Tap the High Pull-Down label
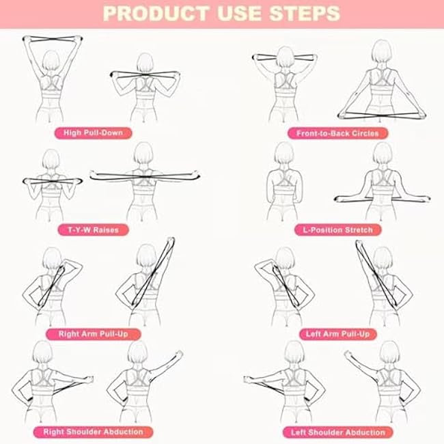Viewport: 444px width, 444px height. click(x=93, y=132)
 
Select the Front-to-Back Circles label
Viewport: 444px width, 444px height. click(x=337, y=133)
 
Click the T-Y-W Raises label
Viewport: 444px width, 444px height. click(x=94, y=230)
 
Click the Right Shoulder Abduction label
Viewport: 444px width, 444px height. click(x=93, y=432)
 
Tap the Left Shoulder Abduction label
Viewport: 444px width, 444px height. click(x=337, y=432)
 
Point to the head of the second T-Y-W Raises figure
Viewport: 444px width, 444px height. click(x=143, y=154)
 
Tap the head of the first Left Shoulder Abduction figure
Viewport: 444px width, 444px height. click(x=294, y=353)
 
